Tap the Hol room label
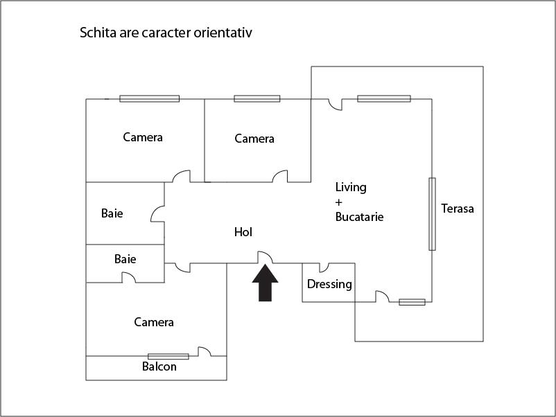pyautogui.click(x=243, y=233)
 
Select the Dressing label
pyautogui.click(x=329, y=284)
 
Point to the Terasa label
pyautogui.click(x=458, y=208)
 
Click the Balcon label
pyautogui.click(x=159, y=366)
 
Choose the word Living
pyautogui.click(x=351, y=187)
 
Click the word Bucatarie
pyautogui.click(x=359, y=217)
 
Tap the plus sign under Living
pyautogui.click(x=339, y=202)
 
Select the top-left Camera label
pyautogui.click(x=143, y=137)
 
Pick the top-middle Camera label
pyautogui.click(x=254, y=139)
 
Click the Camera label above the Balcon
pyautogui.click(x=154, y=322)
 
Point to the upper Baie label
pyautogui.click(x=112, y=213)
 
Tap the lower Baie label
pyautogui.click(x=125, y=259)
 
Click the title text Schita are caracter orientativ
pyautogui.click(x=171, y=33)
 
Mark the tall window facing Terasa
pyautogui.click(x=432, y=213)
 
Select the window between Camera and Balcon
pyautogui.click(x=168, y=356)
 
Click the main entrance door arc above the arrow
pyautogui.click(x=265, y=257)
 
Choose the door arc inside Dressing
pyautogui.click(x=324, y=267)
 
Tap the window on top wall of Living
pyautogui.click(x=384, y=98)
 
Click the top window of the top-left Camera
pyautogui.click(x=149, y=98)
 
